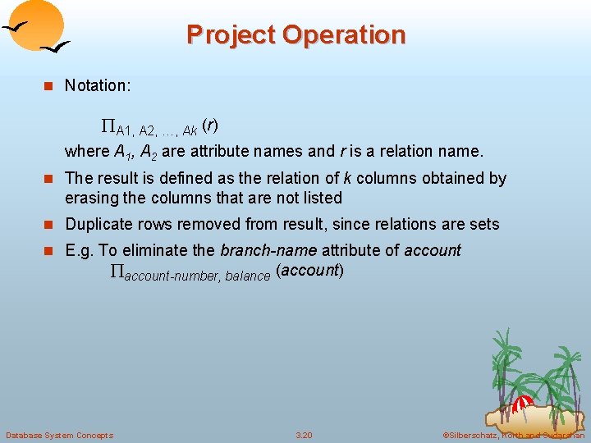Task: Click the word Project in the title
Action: tap(231, 35)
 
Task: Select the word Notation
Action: tap(97, 85)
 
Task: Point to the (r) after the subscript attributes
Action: tap(210, 126)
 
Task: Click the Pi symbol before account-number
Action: tap(116, 273)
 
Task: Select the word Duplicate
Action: tap(98, 224)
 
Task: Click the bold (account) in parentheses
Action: tap(309, 271)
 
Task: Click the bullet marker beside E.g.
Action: tap(48, 251)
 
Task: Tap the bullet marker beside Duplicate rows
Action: tap(48, 225)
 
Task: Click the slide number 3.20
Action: tap(304, 435)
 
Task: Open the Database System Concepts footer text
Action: tap(59, 435)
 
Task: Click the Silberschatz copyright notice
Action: tap(513, 435)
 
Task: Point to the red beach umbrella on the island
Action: tap(522, 404)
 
